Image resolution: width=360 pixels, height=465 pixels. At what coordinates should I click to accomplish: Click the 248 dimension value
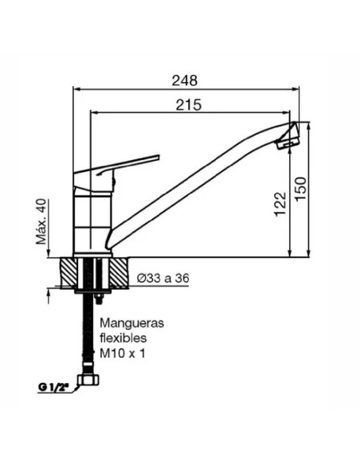point(185,80)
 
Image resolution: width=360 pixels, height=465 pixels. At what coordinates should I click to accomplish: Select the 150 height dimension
point(299,189)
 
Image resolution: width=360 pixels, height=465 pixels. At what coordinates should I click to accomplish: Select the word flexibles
point(121,338)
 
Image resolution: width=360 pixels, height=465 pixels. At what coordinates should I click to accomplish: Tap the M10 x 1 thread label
point(123,352)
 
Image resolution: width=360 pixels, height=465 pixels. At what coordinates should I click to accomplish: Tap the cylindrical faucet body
point(90,215)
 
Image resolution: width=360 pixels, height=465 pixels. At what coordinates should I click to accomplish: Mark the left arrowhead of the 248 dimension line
point(76,90)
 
